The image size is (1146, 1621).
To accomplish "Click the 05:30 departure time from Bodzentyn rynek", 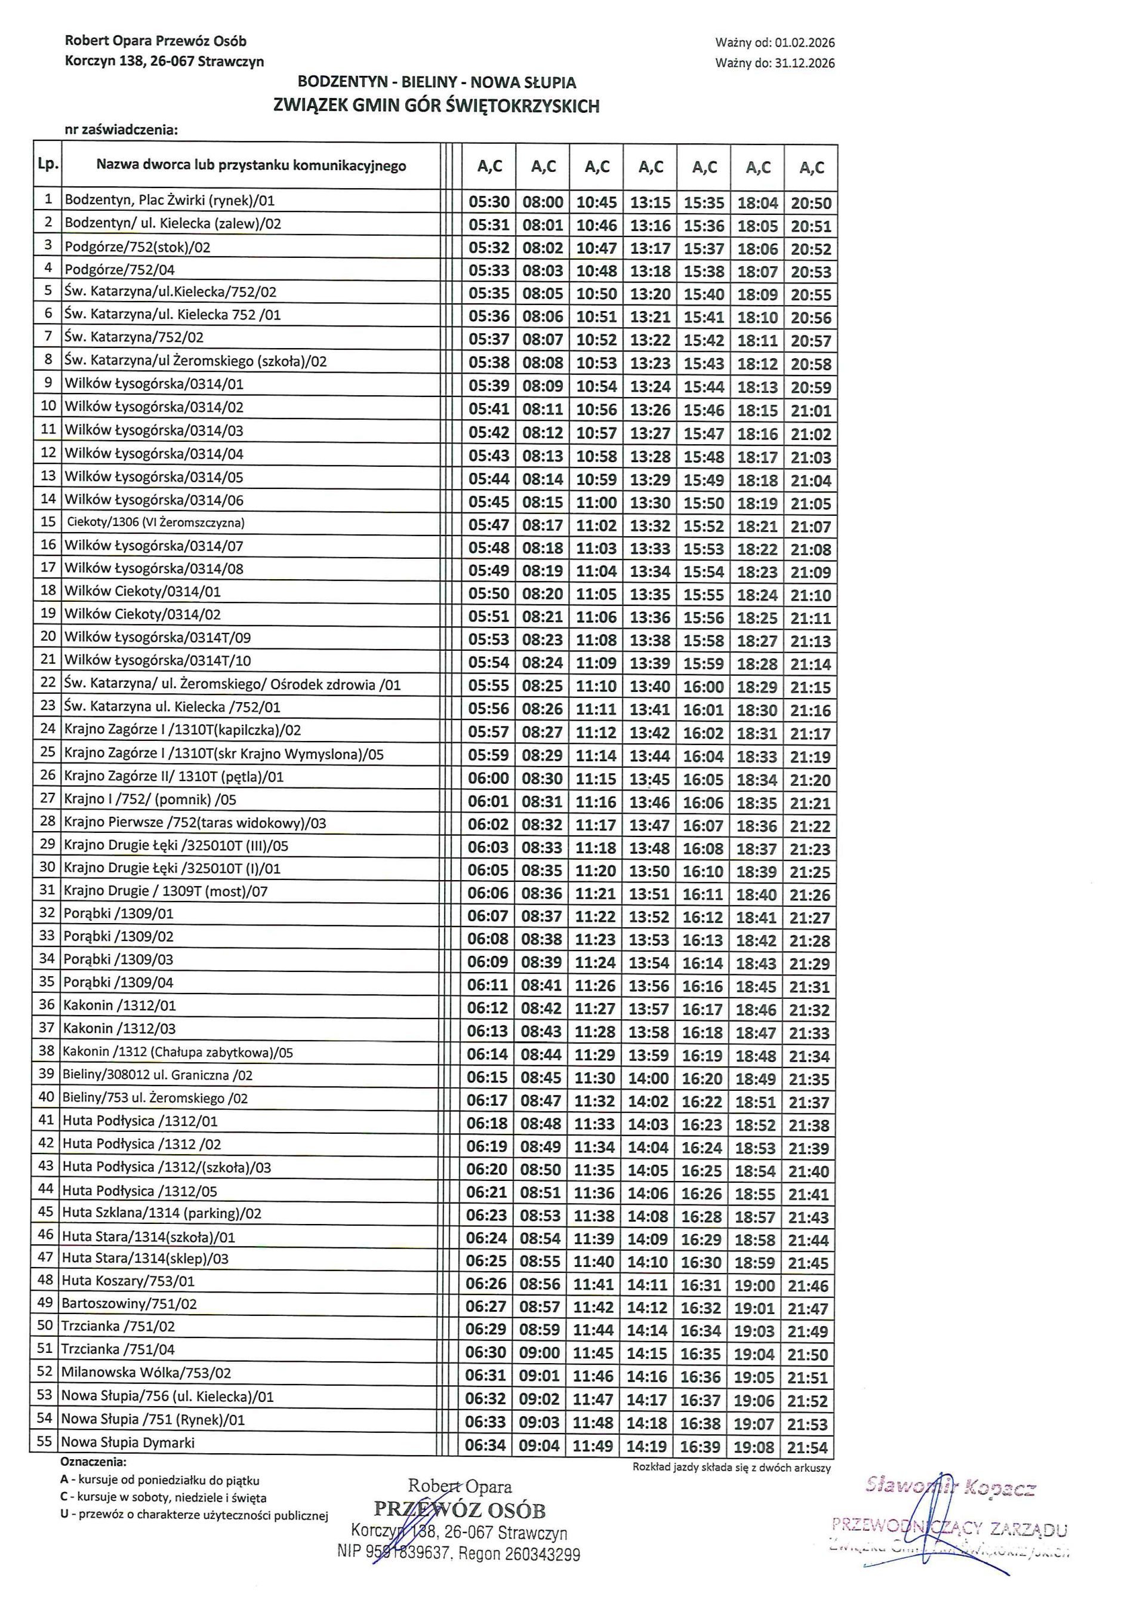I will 489,202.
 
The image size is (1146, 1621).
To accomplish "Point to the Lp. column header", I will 48,165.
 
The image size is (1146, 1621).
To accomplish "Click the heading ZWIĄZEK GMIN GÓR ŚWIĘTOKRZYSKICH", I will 437,106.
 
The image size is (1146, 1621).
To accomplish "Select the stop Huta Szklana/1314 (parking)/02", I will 162,1214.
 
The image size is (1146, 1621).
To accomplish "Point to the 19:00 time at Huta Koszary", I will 754,1285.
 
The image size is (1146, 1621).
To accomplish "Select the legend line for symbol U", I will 194,1514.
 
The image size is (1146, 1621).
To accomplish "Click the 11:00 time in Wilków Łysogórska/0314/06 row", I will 596,503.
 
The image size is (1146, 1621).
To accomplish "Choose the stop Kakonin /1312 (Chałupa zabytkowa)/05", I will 177,1052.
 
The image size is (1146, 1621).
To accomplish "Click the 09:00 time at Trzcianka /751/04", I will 540,1354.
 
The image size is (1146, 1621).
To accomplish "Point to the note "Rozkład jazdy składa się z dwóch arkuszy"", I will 732,1468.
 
